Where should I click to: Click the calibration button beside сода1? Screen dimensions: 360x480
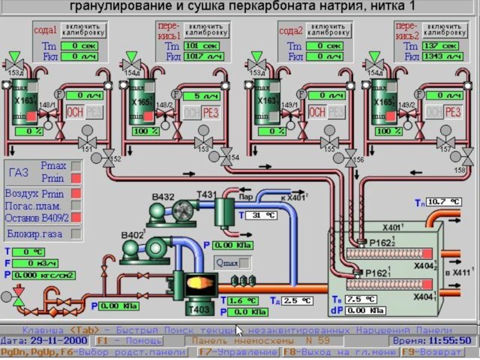click(x=83, y=30)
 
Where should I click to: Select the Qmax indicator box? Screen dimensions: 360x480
click(x=244, y=262)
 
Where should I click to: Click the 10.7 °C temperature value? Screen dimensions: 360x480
click(x=445, y=202)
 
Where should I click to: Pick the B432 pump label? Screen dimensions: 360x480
click(x=163, y=197)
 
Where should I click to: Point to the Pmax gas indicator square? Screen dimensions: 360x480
click(x=76, y=165)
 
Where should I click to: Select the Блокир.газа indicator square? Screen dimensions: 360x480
click(x=76, y=233)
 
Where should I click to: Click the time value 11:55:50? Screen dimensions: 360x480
click(x=453, y=341)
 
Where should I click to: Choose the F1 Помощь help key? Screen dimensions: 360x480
click(x=128, y=341)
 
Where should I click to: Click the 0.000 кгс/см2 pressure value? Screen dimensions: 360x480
click(x=46, y=275)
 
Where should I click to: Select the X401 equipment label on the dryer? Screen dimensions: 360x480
click(x=393, y=228)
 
